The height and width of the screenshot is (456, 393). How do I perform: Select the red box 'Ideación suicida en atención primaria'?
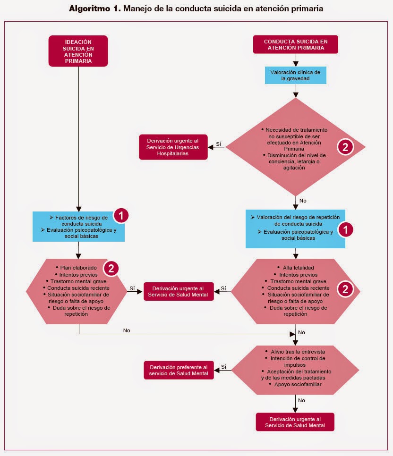[x=78, y=51]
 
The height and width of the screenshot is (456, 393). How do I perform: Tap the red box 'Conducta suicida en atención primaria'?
[x=296, y=44]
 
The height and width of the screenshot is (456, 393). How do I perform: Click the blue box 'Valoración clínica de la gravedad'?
[x=295, y=76]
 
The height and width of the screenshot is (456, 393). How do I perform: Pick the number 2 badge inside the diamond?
[x=344, y=147]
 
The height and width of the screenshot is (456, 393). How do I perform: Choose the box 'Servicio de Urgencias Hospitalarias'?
[x=173, y=147]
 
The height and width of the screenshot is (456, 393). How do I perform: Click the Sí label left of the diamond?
[x=219, y=144]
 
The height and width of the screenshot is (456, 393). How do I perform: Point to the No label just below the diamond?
[x=303, y=201]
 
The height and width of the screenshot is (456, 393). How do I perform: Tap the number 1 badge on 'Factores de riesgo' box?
[x=121, y=216]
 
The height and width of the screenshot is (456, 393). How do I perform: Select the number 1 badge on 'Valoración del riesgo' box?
[x=347, y=229]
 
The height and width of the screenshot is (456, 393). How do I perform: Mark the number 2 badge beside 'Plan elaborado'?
[x=111, y=268]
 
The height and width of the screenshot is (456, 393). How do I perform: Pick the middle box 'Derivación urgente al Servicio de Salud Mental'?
[x=179, y=291]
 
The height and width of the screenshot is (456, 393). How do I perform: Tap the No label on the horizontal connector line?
[x=127, y=330]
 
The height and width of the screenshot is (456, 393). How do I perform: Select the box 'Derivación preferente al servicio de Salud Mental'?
[x=179, y=370]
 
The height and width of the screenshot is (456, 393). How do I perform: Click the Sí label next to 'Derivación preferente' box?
[x=223, y=366]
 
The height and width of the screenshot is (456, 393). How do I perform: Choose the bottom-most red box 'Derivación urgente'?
[x=295, y=422]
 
